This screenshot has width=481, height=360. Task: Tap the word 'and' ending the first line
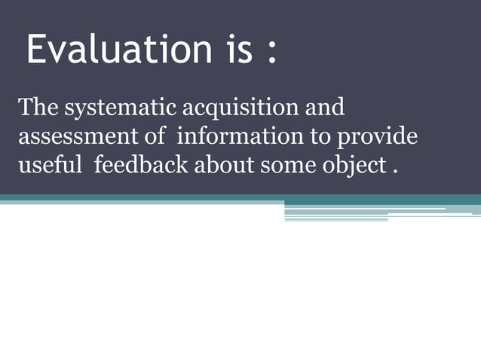(x=323, y=108)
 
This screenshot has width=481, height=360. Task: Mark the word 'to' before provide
(x=318, y=137)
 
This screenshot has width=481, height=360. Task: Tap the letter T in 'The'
(x=25, y=108)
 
